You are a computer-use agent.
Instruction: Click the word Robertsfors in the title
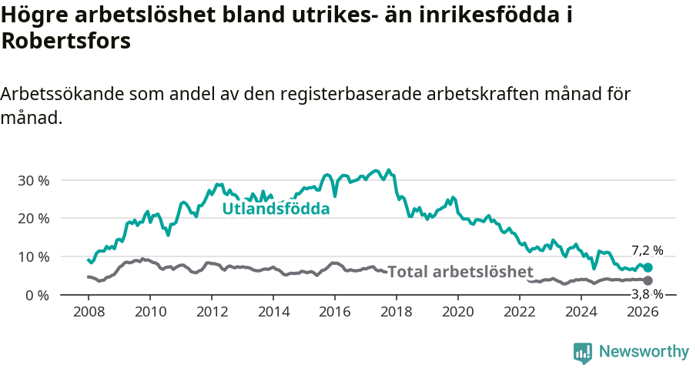coord(65,42)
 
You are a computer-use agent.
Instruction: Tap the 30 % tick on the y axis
coord(33,180)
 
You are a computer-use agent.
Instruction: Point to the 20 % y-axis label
coord(33,218)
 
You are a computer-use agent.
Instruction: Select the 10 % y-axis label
coord(33,256)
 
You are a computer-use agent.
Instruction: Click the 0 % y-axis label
coord(36,295)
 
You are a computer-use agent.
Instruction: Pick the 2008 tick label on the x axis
coord(89,312)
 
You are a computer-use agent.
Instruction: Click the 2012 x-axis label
coord(212,312)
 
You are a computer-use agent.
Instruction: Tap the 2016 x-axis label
coord(335,312)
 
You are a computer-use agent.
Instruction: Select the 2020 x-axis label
coord(458,312)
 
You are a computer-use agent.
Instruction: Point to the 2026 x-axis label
coord(643,312)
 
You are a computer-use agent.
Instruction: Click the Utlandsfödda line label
coord(276,209)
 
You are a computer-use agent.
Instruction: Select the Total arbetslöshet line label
coord(460,271)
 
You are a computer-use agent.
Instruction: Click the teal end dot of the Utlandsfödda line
coord(648,267)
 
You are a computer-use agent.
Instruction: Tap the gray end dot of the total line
coord(648,280)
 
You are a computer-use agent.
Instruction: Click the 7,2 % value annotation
coord(647,250)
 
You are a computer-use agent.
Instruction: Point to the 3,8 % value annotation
coord(647,294)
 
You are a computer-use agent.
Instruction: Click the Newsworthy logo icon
coord(583,353)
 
